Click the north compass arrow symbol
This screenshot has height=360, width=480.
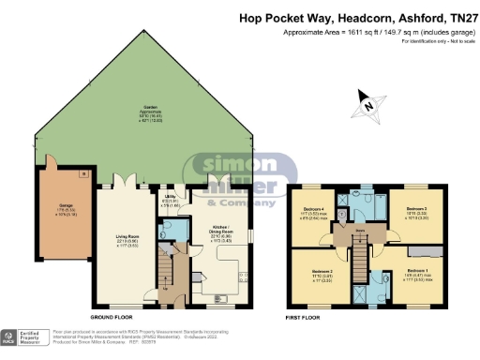368,105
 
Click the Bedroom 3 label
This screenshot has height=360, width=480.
417,210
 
